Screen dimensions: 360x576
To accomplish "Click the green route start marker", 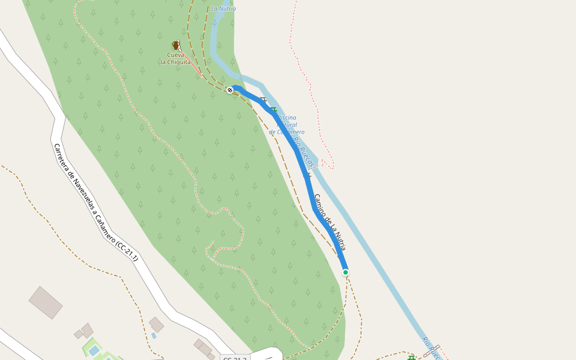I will coord(346,272).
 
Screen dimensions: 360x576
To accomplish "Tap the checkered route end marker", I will coord(230,90).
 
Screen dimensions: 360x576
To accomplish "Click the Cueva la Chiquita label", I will coord(176,58).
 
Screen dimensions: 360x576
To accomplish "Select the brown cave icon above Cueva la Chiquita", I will coord(176,45).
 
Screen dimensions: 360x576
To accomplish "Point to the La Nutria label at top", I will coord(223,8).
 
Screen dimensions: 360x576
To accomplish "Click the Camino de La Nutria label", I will coord(329,222).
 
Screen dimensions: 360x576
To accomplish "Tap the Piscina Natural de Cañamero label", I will coord(287,125).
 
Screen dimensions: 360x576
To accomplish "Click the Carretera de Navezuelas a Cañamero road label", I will coord(96,202).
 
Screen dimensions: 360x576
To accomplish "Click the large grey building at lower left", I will coord(46,302).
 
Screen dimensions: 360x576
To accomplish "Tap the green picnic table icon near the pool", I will coord(274,110).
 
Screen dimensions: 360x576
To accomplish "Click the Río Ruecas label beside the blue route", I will coord(304,153).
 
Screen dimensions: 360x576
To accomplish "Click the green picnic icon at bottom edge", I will coord(411,358).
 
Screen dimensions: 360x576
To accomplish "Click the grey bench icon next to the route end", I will coord(263,100).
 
